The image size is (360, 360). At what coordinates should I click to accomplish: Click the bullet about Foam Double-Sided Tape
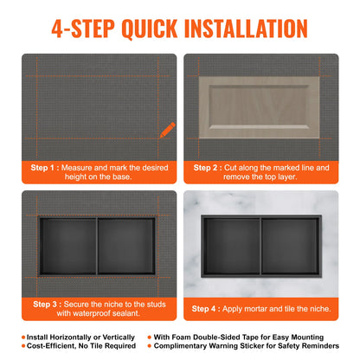(251, 337)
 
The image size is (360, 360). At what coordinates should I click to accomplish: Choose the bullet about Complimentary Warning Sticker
(251, 346)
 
